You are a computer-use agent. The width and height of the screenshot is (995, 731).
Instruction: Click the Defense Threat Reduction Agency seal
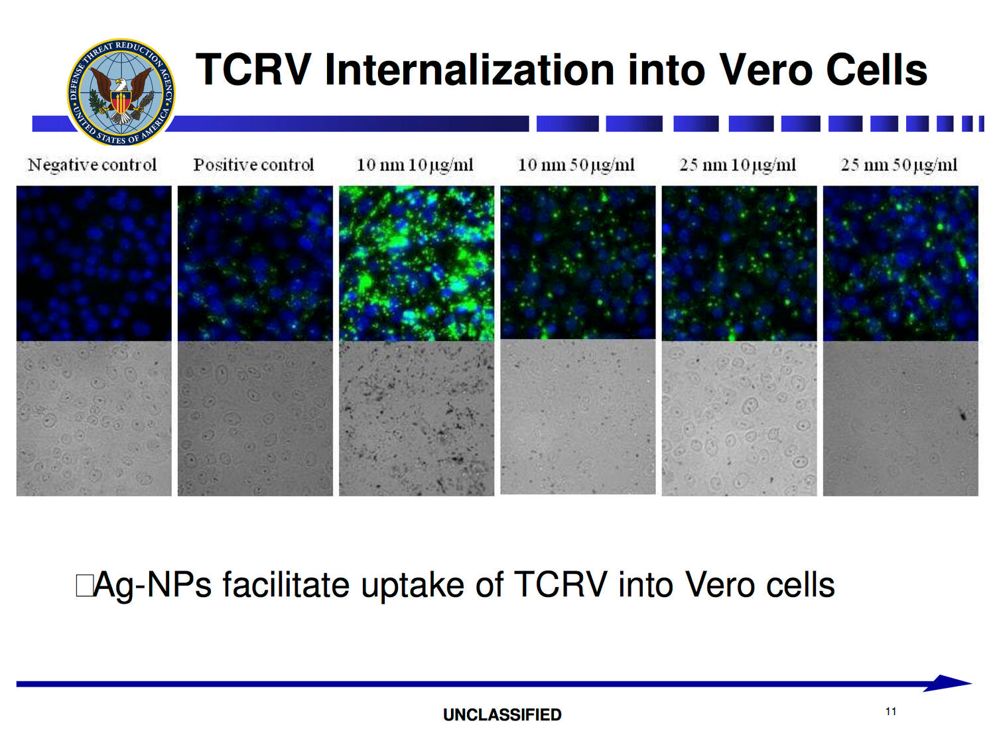click(121, 92)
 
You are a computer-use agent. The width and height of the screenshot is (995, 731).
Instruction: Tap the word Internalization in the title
click(470, 70)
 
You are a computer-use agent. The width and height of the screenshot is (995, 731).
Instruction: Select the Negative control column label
click(92, 165)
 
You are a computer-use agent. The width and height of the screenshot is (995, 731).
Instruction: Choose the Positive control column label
click(253, 165)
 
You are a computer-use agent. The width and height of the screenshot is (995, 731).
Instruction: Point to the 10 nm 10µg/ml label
click(415, 165)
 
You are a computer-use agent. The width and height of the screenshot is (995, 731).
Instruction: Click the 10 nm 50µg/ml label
click(576, 165)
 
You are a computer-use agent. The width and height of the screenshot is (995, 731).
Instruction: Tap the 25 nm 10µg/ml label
click(738, 165)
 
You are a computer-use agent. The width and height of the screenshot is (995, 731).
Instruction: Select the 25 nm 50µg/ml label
click(899, 165)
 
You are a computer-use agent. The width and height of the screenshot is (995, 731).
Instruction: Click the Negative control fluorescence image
click(94, 263)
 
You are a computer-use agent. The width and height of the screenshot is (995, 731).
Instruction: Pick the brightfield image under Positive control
click(255, 419)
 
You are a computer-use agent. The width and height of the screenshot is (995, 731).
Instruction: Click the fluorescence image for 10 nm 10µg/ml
click(416, 263)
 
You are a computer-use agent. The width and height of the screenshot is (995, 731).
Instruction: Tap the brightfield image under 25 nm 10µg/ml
click(739, 419)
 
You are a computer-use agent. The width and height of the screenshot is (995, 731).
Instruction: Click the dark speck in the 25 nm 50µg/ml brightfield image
click(962, 416)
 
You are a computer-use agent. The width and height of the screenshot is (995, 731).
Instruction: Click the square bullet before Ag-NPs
click(84, 585)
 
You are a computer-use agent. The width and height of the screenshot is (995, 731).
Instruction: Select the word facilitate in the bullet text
click(286, 584)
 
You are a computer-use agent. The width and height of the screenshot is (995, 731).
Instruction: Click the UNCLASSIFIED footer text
click(502, 714)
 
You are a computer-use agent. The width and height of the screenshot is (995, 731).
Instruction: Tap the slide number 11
click(891, 712)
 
